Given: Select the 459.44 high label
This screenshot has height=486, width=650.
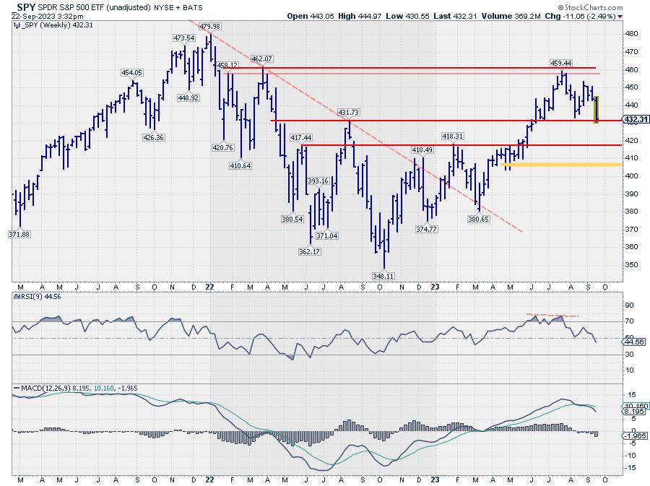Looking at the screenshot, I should pyautogui.click(x=561, y=63).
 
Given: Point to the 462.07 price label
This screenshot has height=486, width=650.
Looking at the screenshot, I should pyautogui.click(x=262, y=58).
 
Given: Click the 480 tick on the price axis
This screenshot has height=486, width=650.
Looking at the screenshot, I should pyautogui.click(x=630, y=34).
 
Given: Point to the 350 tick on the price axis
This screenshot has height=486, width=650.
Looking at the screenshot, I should pyautogui.click(x=630, y=264).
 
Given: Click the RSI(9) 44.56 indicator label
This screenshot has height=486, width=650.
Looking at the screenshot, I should pyautogui.click(x=35, y=297).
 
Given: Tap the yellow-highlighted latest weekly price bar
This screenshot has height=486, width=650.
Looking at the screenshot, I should pyautogui.click(x=597, y=109).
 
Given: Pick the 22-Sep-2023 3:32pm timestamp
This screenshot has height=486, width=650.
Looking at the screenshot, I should pyautogui.click(x=41, y=15).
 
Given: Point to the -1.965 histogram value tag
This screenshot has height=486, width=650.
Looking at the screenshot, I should pyautogui.click(x=633, y=436).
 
